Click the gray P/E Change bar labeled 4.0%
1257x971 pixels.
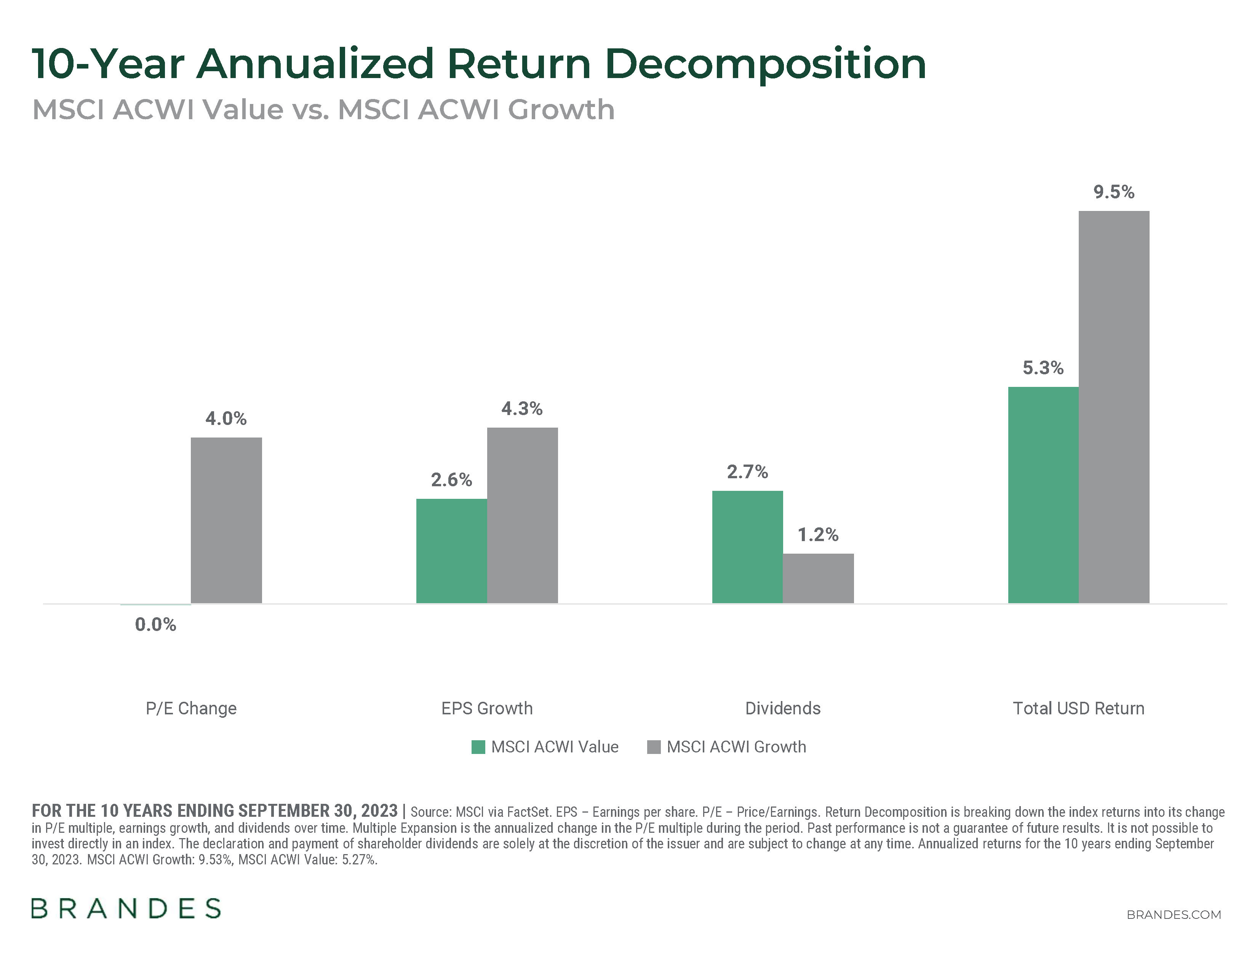(226, 520)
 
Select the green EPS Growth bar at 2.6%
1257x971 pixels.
(451, 551)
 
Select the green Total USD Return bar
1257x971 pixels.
(1043, 495)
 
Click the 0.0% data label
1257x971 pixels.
(155, 625)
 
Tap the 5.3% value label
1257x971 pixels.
(1043, 367)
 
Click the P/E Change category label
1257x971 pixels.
(191, 708)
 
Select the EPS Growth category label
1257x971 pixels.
(487, 708)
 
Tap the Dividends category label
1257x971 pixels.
(783, 708)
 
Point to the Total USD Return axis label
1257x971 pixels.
(1079, 708)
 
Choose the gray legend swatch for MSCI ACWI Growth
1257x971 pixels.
(654, 747)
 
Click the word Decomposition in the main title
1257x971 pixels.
(766, 64)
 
